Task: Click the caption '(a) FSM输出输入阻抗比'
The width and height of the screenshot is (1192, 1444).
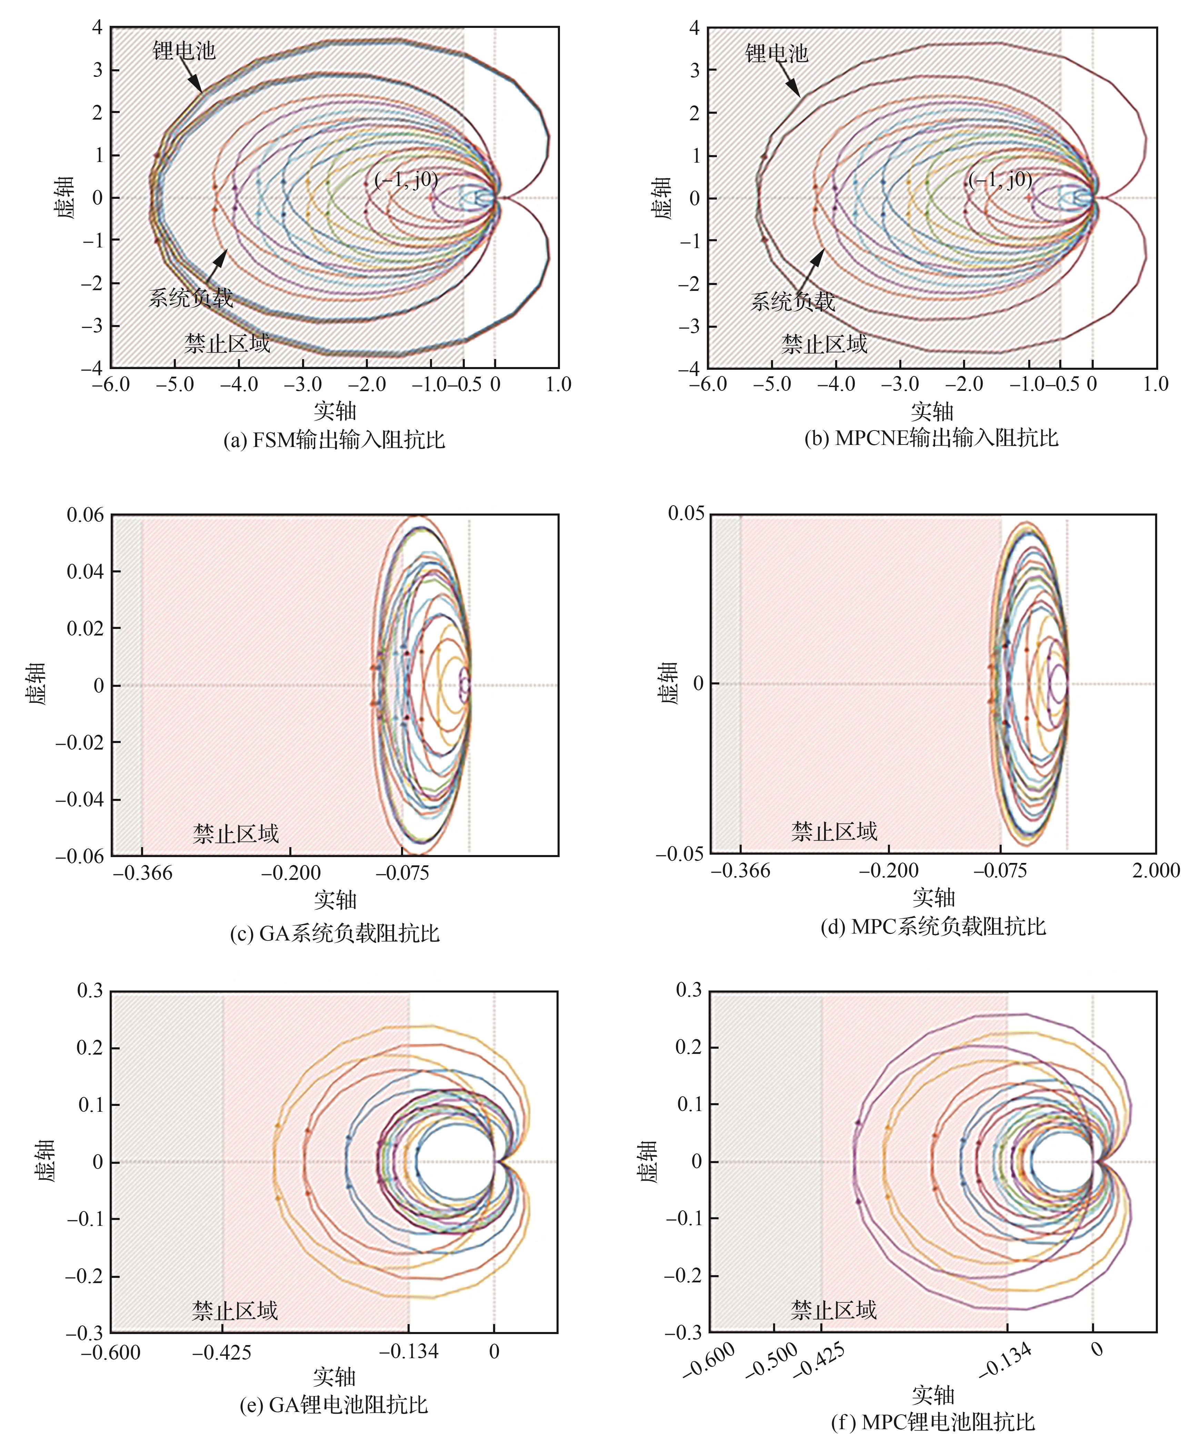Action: click(334, 439)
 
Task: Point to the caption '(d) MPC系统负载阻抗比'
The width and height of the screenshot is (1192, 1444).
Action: click(933, 926)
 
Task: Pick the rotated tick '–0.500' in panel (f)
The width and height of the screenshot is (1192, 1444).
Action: click(772, 1360)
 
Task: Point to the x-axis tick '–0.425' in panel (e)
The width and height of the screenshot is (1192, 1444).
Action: click(222, 1352)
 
